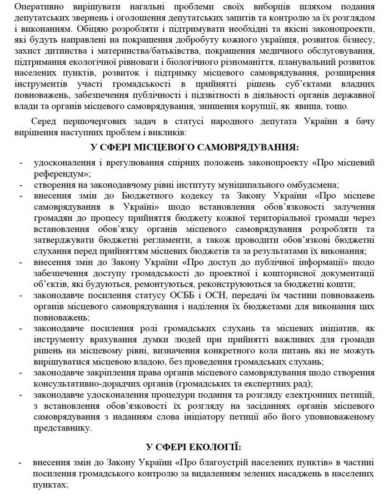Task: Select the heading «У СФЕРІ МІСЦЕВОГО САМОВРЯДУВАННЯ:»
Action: tap(194, 148)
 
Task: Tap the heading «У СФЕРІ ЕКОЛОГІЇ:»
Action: tap(194, 447)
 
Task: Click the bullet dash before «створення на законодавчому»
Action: tap(21, 184)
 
